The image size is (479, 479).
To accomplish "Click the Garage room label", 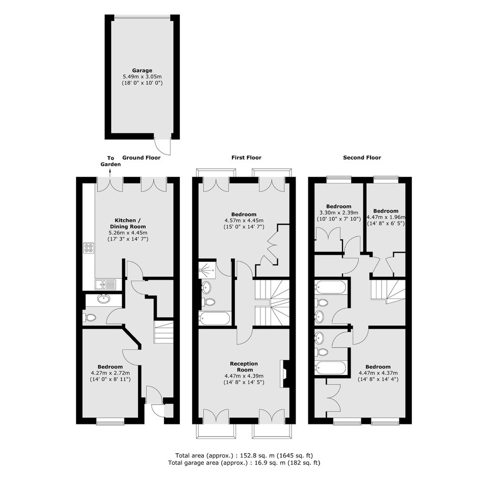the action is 142,70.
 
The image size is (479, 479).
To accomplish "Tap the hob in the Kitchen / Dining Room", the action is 89,248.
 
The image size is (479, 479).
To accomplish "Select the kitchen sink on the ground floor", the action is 105,284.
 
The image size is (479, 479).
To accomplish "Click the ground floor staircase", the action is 164,332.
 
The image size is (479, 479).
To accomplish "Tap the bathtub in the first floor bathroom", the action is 214,318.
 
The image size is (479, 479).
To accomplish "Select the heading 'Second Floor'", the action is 362,157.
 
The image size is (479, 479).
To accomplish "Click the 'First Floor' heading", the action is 246,157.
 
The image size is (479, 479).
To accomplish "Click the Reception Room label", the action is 244,366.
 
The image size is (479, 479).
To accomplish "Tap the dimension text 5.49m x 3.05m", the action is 142,76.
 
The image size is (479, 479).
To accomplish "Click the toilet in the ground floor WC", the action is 89,317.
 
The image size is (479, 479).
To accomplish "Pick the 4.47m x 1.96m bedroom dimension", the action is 386,217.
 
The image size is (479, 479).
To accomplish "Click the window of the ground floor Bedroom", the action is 110,423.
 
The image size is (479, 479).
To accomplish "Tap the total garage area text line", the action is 244,463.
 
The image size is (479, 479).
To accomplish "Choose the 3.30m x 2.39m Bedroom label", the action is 338,206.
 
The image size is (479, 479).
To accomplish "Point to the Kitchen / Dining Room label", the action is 128,223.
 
